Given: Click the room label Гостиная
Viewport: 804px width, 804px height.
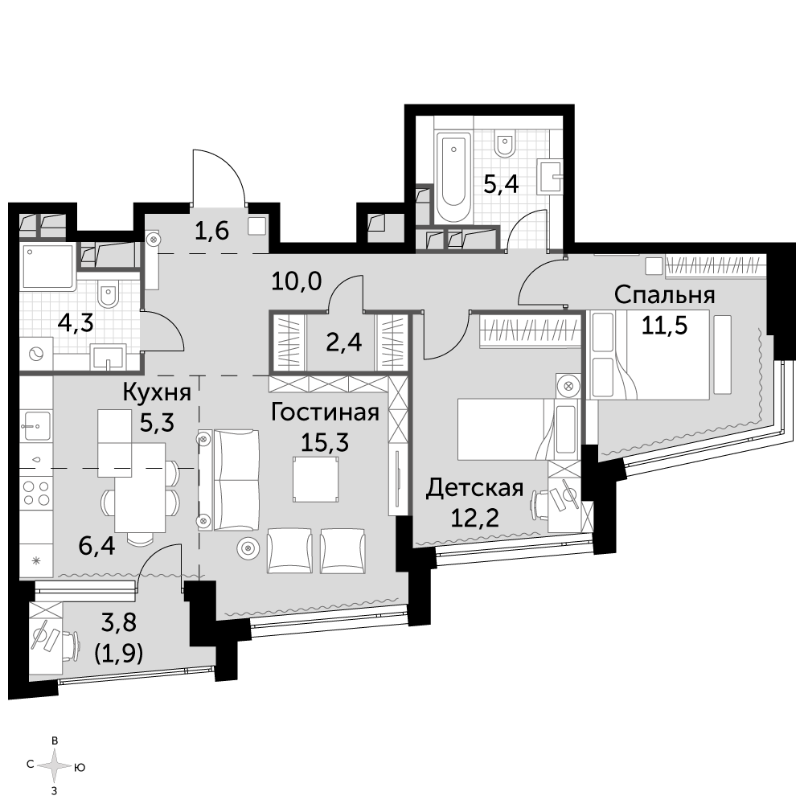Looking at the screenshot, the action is tap(325, 412).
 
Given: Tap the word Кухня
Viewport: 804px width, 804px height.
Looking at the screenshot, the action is tap(157, 393).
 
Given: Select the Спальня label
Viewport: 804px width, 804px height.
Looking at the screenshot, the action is tap(665, 296).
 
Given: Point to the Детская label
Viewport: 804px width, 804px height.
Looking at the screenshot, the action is tap(475, 488).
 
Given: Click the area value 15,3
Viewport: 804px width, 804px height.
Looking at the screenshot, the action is tap(325, 441).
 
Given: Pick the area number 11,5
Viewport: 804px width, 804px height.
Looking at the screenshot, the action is tap(665, 325).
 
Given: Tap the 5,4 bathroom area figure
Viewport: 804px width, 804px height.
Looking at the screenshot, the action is tap(502, 183).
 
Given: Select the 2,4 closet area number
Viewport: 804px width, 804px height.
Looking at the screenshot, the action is tap(344, 342).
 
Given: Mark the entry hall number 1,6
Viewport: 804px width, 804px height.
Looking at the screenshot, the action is tap(211, 232).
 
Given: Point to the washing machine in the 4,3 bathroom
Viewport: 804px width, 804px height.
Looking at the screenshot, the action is tap(36, 354).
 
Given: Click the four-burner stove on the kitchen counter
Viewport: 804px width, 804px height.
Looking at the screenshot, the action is tap(36, 492).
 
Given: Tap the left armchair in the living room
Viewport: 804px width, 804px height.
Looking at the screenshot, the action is tap(289, 551).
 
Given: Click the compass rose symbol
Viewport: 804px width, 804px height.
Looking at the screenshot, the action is tap(55, 766).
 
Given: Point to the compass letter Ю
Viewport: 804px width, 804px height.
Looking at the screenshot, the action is tap(80, 768).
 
